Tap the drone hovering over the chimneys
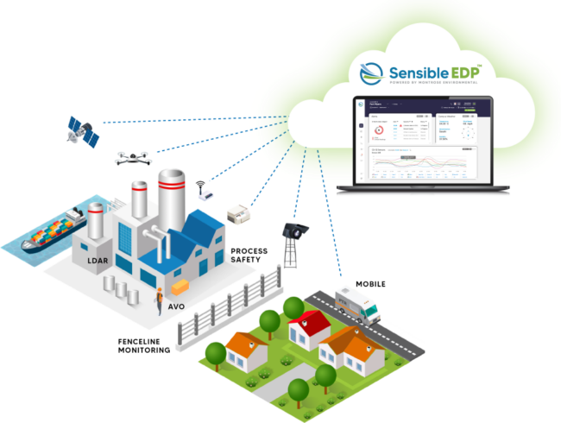[x=130, y=156]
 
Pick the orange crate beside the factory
[x=180, y=286]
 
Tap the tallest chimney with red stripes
[x=169, y=194]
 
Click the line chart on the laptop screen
[x=419, y=164]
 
